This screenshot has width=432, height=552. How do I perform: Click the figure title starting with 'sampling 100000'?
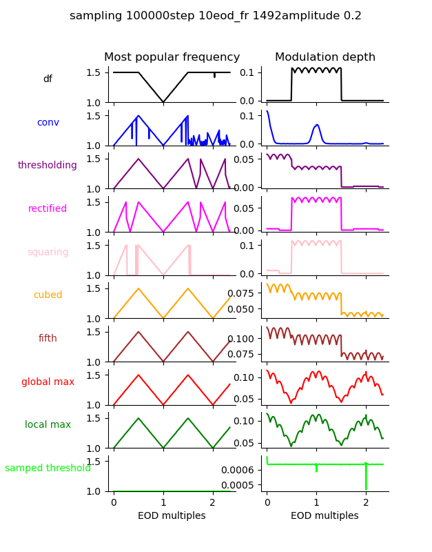(x=216, y=16)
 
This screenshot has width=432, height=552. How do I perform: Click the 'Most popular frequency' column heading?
(x=172, y=57)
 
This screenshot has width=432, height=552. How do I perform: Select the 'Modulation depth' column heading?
(x=325, y=57)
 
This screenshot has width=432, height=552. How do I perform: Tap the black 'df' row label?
(x=48, y=79)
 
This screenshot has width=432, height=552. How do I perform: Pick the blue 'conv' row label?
(x=48, y=122)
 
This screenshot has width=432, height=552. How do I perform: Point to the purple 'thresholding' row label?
(x=48, y=166)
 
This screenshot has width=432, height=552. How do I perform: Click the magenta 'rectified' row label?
(x=48, y=209)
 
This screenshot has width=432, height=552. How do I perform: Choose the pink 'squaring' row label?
(x=48, y=252)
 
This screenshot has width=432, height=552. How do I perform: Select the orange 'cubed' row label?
(x=48, y=295)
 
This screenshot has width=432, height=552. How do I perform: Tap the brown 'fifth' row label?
(x=48, y=339)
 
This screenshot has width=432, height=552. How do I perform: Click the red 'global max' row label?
(x=48, y=382)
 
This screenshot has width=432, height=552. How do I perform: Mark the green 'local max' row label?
(x=48, y=425)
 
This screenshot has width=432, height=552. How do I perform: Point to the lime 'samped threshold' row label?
(x=48, y=469)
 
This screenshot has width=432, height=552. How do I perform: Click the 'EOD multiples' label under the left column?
(x=172, y=516)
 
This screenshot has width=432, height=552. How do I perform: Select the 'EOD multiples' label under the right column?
(x=325, y=516)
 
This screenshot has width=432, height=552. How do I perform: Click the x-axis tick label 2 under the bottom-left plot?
(x=213, y=502)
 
